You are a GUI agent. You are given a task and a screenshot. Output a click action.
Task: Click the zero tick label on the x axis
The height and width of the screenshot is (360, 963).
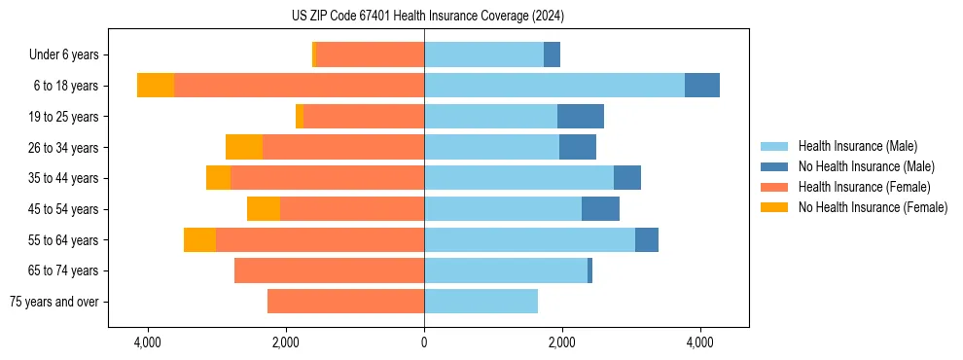424,342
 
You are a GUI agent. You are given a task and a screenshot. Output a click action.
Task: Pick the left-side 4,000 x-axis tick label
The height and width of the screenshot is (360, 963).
148,342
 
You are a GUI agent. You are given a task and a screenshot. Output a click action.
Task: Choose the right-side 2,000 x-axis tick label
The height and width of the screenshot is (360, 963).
561,342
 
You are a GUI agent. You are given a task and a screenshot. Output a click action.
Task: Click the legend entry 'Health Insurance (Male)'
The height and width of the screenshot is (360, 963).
857,146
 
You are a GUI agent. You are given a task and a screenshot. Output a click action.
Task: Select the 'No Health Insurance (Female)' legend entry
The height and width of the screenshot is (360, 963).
873,207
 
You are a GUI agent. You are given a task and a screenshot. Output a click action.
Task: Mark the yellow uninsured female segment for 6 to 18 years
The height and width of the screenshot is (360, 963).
156,86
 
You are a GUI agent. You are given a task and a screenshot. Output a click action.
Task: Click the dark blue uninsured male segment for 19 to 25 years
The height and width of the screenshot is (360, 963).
580,117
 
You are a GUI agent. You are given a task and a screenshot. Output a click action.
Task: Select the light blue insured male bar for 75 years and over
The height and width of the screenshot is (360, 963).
481,302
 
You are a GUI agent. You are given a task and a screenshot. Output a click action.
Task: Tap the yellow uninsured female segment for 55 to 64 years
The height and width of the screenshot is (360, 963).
199,239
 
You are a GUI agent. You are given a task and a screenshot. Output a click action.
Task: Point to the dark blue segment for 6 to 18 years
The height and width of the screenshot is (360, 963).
701,86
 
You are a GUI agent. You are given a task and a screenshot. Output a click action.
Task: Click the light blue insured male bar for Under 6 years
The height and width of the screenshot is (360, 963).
483,54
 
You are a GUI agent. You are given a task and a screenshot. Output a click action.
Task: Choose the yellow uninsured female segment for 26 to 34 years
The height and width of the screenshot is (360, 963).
244,147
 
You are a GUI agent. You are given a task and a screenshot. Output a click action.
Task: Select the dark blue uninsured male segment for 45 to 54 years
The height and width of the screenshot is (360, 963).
600,209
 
